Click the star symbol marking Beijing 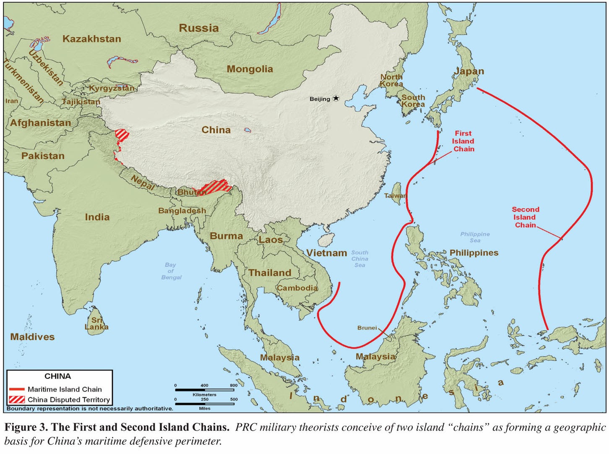336,98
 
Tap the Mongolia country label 250,69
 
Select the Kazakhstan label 91,39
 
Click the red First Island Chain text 463,141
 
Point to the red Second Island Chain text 525,217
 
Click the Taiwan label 395,196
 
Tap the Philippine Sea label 475,237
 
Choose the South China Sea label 359,259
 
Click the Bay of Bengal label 171,271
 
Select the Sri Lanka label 96,323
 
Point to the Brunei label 367,328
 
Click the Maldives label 32,337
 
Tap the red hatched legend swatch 17,399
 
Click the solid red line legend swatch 17,389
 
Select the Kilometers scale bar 204,390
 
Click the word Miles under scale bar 205,408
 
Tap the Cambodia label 297,288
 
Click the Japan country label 468,71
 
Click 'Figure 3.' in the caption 26,427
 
